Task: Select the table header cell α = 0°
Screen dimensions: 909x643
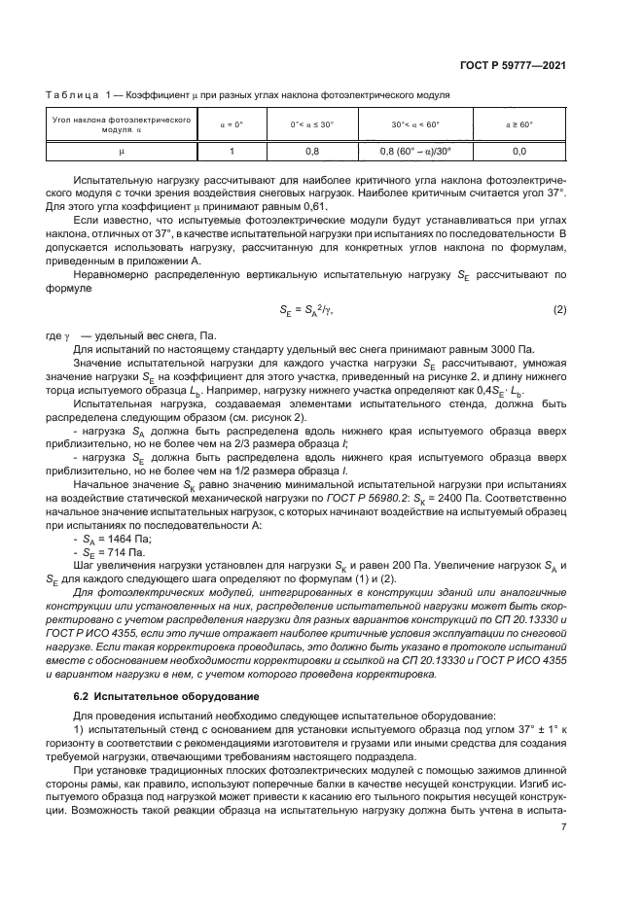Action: (231, 124)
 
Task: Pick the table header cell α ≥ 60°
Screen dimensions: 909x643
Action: (518, 124)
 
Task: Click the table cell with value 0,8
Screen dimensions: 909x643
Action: (312, 151)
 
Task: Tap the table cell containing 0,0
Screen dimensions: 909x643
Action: (518, 151)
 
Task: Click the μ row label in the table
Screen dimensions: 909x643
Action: (123, 151)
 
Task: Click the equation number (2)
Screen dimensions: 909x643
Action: (559, 309)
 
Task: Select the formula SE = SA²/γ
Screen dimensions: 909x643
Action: (307, 309)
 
